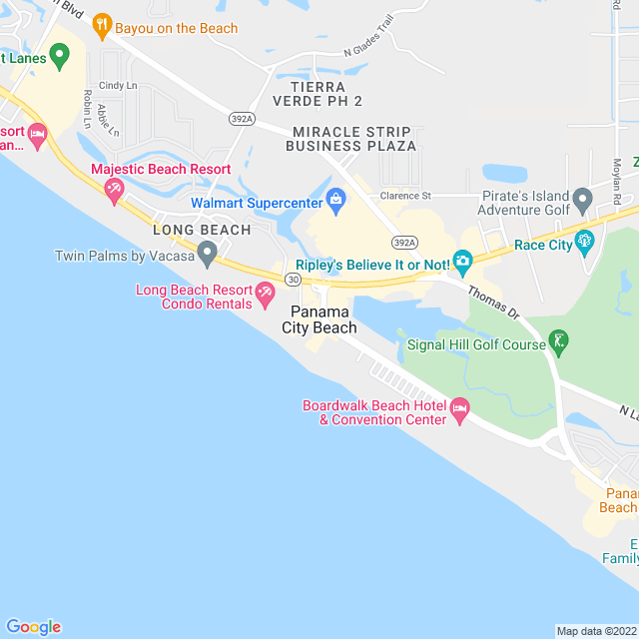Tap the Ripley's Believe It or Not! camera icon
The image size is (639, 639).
[x=461, y=262]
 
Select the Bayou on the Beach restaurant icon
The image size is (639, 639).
[x=101, y=25]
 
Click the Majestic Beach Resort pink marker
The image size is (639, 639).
[x=114, y=189]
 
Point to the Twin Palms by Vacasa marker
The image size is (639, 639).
[x=207, y=255]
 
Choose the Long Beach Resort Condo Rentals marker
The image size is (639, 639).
[x=265, y=294]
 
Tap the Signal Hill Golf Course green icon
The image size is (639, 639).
[x=560, y=344]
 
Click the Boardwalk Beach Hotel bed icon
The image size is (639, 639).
[x=460, y=409]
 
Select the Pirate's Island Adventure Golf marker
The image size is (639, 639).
[x=585, y=200]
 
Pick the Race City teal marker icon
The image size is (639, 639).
[x=585, y=241]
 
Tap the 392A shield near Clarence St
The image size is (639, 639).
[x=403, y=243]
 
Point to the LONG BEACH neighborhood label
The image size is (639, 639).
[x=202, y=230]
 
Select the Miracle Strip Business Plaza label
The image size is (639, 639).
[x=350, y=139]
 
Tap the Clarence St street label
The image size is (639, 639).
[x=404, y=196]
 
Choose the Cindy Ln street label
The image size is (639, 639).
[x=118, y=86]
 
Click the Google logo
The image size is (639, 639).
[x=33, y=626]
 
